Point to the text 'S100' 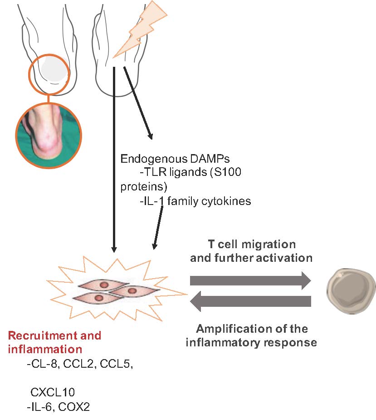[235, 173]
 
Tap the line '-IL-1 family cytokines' [195, 200]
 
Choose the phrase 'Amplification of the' [251, 329]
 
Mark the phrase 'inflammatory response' [251, 342]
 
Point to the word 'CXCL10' [53, 392]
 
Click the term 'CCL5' [117, 364]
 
